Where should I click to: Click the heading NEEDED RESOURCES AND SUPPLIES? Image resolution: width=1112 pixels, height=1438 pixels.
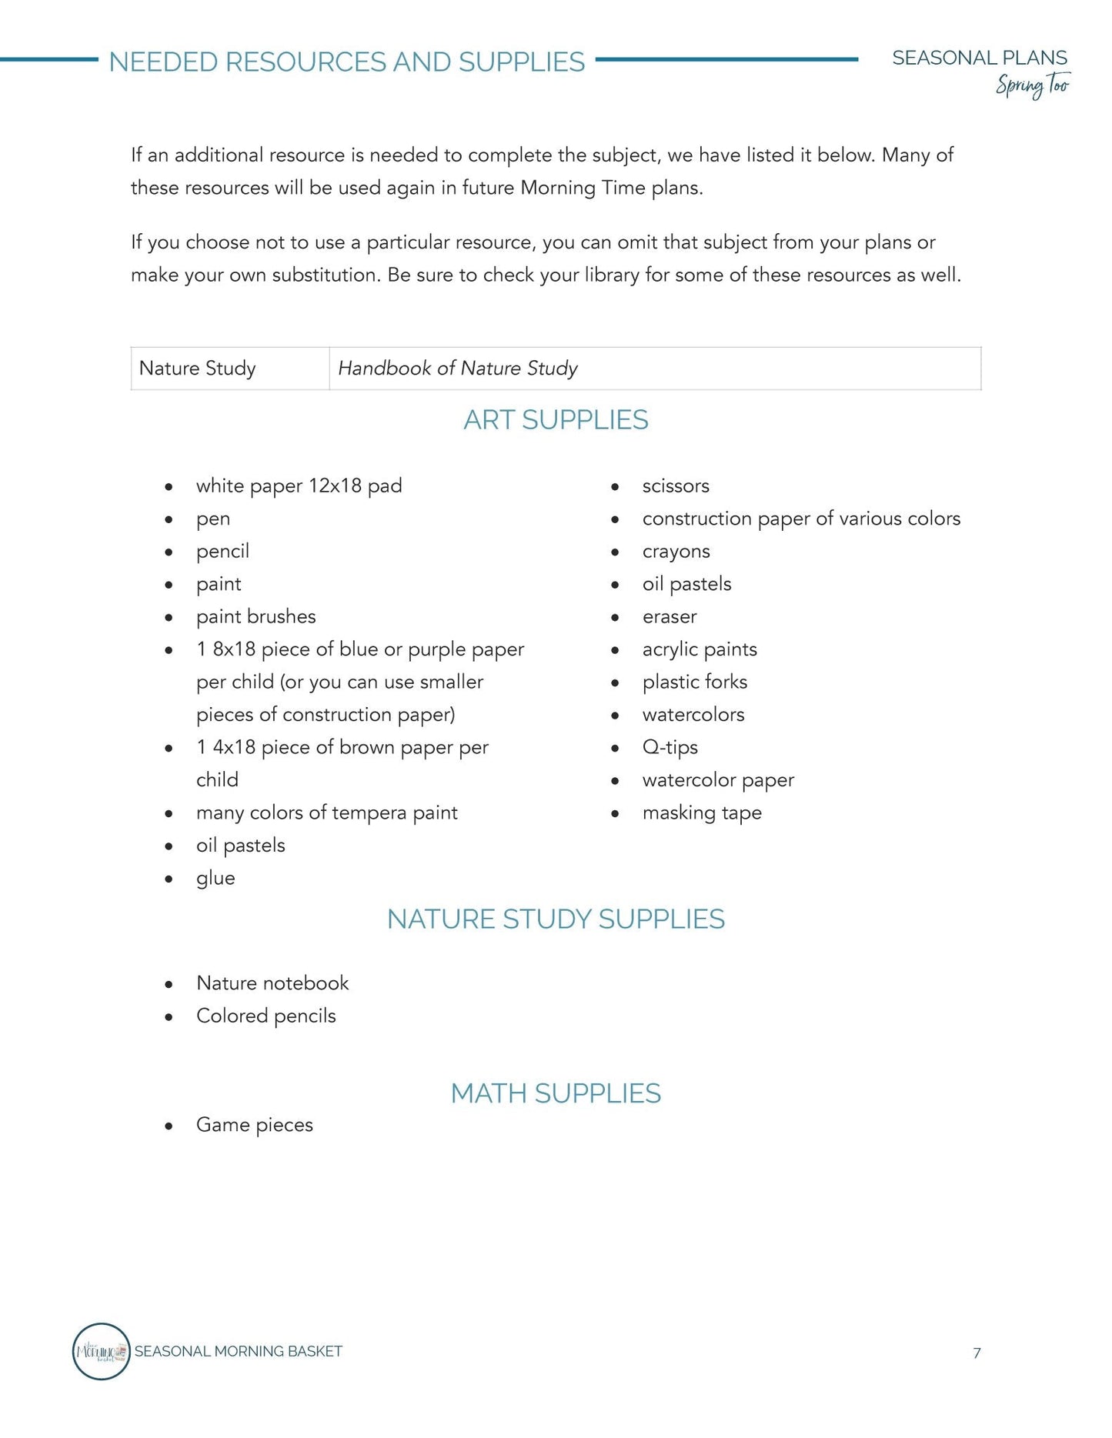click(x=346, y=62)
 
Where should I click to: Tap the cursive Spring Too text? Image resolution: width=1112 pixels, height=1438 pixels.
click(x=1032, y=85)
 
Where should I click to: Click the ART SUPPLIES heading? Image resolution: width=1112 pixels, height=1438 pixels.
click(x=556, y=420)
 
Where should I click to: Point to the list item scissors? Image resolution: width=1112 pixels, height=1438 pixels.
click(x=676, y=486)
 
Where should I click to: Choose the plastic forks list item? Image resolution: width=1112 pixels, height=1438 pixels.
click(x=694, y=682)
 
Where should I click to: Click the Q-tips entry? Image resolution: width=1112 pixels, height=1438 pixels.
click(x=670, y=748)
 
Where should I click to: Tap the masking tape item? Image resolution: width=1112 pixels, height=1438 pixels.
click(x=701, y=813)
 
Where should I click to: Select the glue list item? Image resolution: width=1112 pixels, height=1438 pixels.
click(x=215, y=879)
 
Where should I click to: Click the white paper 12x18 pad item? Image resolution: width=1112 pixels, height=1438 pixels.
click(x=299, y=486)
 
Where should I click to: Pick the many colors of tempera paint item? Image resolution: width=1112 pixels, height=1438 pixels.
click(x=326, y=813)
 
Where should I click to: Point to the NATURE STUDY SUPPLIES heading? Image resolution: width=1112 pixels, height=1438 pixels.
click(x=556, y=919)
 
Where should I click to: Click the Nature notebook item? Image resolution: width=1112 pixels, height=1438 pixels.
click(x=272, y=983)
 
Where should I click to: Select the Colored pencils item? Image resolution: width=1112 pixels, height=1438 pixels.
click(x=265, y=1016)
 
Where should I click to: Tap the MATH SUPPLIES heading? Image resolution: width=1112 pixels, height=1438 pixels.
click(x=556, y=1093)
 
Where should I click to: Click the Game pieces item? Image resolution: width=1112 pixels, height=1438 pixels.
click(x=254, y=1126)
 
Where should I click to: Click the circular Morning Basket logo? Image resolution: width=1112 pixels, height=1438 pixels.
click(x=101, y=1352)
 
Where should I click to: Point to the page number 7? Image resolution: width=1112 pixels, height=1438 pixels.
click(x=977, y=1353)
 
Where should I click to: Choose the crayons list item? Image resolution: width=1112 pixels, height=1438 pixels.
click(x=676, y=552)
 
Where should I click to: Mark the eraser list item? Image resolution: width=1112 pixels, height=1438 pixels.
click(x=670, y=617)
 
